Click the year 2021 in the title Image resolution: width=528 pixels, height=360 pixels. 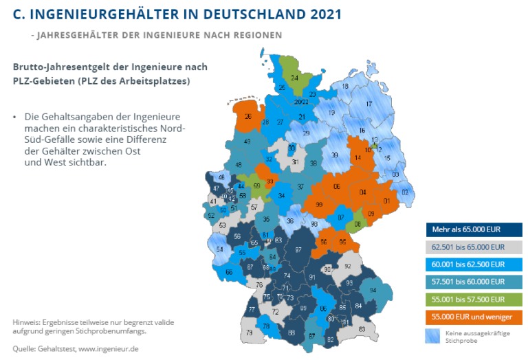(x=318, y=14)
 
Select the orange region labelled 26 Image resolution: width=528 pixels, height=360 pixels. (x=247, y=117)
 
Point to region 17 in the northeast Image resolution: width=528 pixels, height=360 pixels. (x=368, y=104)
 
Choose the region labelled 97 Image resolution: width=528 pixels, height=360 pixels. (x=298, y=250)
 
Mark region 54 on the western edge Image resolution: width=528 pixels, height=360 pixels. (x=220, y=249)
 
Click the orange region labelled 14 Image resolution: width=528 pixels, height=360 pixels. (x=357, y=158)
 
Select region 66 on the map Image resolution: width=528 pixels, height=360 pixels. (x=229, y=272)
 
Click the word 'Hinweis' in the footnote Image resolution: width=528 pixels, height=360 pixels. (x=27, y=322)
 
